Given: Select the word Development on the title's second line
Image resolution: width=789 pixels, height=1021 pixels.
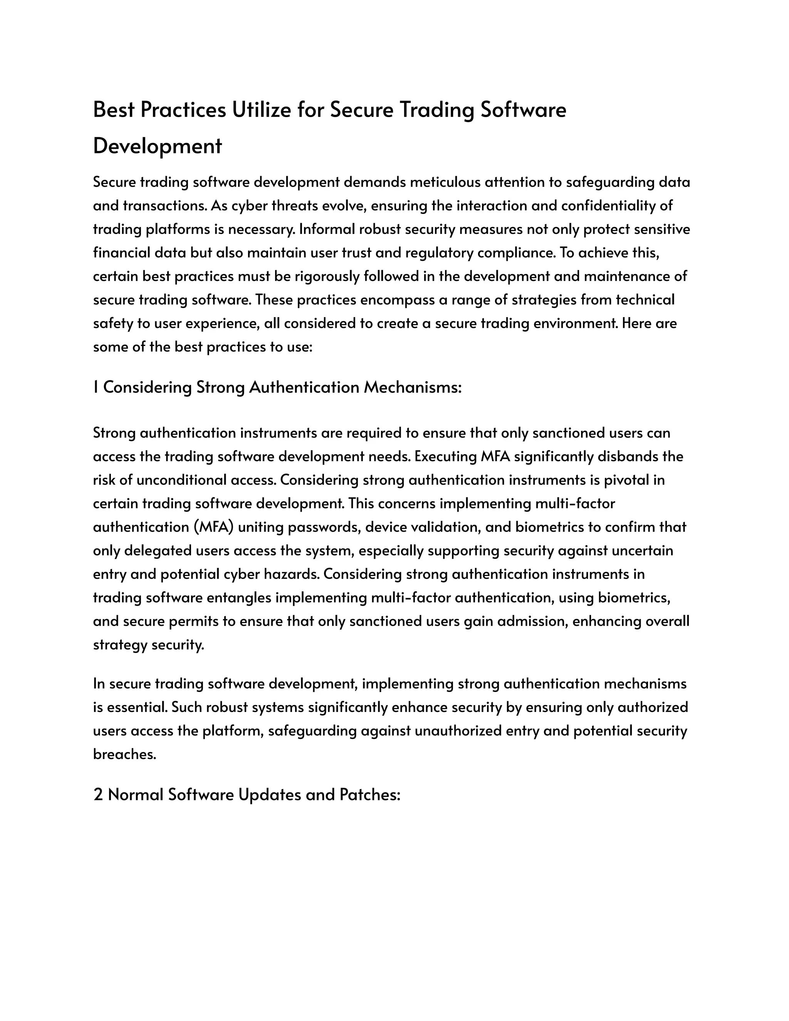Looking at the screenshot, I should click(158, 146).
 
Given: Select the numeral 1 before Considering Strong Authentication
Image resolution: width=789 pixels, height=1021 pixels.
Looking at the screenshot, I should click(96, 387).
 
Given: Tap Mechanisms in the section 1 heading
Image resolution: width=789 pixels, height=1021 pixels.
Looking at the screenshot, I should click(413, 387).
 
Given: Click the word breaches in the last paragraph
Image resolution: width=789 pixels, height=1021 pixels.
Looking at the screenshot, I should click(124, 754).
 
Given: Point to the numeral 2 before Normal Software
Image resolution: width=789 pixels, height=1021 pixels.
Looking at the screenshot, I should click(98, 795).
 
